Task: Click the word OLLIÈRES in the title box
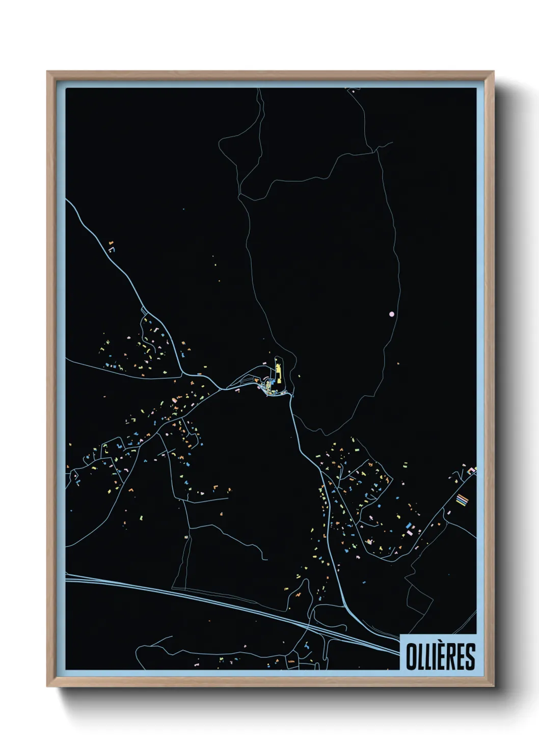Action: coord(440,656)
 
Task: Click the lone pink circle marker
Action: coord(391,314)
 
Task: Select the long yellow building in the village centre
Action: coord(279,372)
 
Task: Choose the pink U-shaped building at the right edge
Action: coord(472,470)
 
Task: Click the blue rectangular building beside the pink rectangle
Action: coord(410,525)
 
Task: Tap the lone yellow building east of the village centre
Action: coord(299,376)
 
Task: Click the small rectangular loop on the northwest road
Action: coord(144,310)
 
